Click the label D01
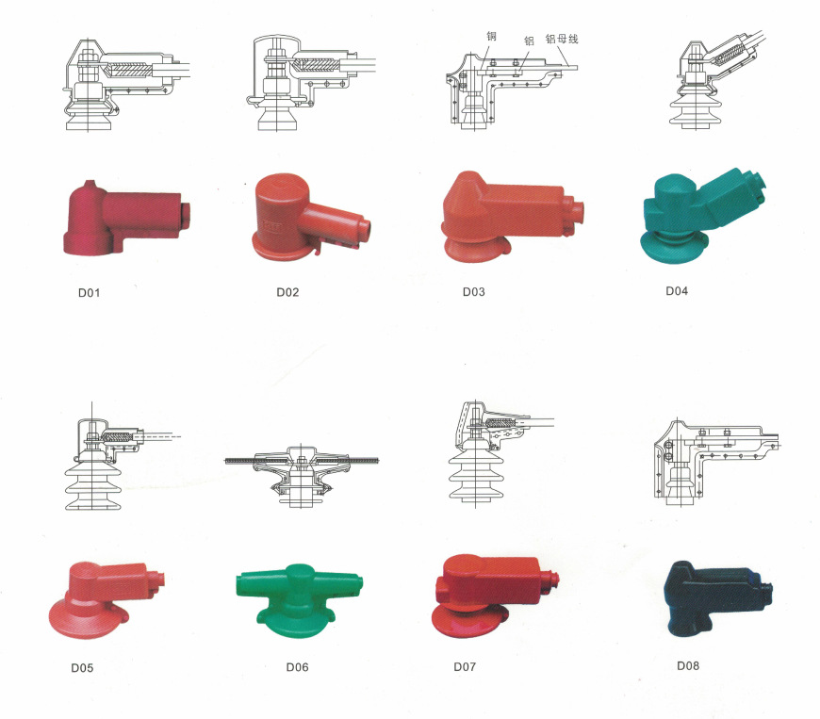[x=89, y=293]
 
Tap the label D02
[x=287, y=292]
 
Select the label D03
[x=473, y=292]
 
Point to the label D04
[x=676, y=291]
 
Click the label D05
[x=82, y=668]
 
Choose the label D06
[x=297, y=667]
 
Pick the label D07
[x=465, y=667]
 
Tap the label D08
[x=688, y=665]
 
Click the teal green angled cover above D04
[x=700, y=215]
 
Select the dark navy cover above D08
[x=716, y=596]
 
